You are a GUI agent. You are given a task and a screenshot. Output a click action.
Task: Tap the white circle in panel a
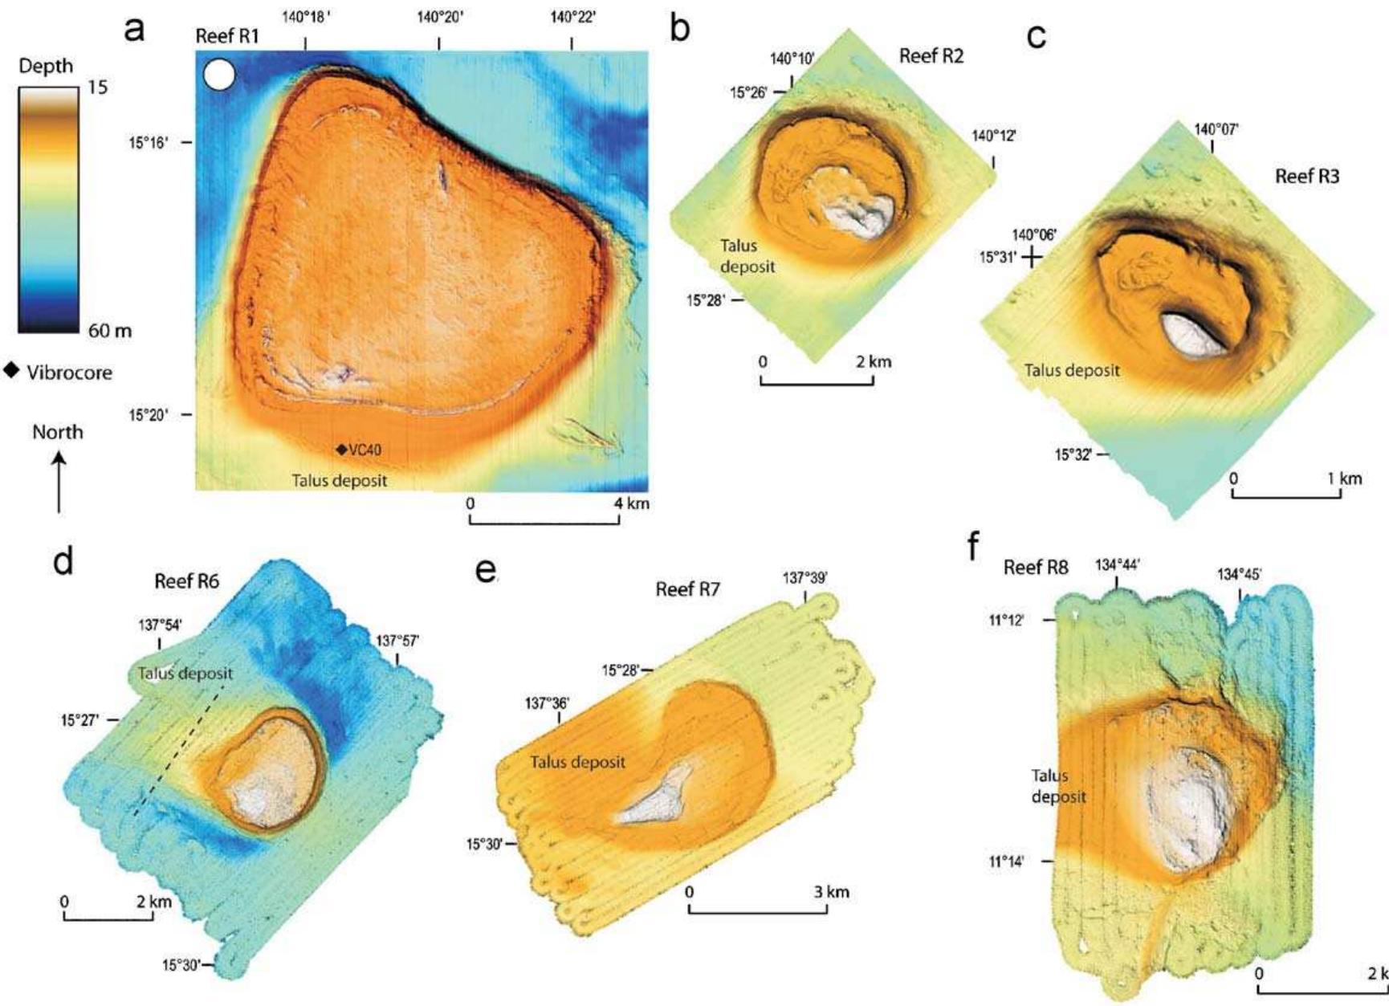[x=219, y=75]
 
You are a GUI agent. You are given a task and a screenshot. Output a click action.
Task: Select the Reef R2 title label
[x=931, y=56]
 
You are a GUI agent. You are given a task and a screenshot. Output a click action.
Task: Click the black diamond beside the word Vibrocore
[x=11, y=370]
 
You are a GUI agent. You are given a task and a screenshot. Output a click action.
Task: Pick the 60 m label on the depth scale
[x=110, y=330]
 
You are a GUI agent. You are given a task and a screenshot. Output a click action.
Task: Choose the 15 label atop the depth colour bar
[x=97, y=88]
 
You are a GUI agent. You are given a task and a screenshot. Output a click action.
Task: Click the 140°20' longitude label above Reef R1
[x=439, y=18]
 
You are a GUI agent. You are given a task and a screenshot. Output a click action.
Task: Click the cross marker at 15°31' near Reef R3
[x=1033, y=257]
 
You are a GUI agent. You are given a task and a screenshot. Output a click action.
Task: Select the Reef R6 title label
[x=186, y=580]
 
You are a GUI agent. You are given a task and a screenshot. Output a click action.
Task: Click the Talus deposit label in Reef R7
[x=577, y=761]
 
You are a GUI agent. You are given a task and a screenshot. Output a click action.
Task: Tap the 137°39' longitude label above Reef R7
[x=804, y=577]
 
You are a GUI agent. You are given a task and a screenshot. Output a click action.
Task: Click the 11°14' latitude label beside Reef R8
[x=1006, y=861]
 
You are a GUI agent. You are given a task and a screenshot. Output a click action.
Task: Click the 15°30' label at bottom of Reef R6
[x=181, y=964]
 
